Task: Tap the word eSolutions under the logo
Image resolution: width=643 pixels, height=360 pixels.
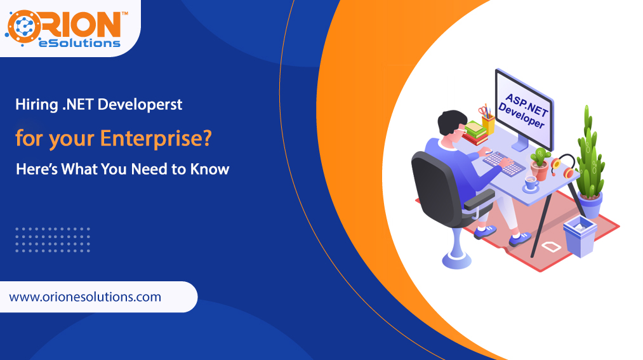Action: (79, 43)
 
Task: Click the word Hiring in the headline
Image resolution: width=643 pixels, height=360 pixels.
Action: (36, 105)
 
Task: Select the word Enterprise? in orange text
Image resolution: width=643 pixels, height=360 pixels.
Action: (156, 138)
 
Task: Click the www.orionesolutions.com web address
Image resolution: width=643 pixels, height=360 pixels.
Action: (85, 297)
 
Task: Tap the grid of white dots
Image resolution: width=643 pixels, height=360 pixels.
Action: (53, 240)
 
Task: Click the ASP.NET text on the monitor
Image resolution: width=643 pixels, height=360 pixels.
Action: (527, 105)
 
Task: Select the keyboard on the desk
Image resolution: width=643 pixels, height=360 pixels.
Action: (503, 163)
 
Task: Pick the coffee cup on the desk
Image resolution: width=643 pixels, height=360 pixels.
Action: (531, 183)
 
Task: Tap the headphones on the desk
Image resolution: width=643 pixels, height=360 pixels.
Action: (563, 166)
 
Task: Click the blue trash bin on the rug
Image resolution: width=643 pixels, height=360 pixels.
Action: (580, 236)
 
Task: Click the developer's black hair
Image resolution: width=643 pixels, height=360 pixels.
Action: (451, 121)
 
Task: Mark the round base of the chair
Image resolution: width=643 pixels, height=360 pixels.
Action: (456, 261)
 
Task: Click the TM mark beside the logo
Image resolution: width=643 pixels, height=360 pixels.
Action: (125, 13)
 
